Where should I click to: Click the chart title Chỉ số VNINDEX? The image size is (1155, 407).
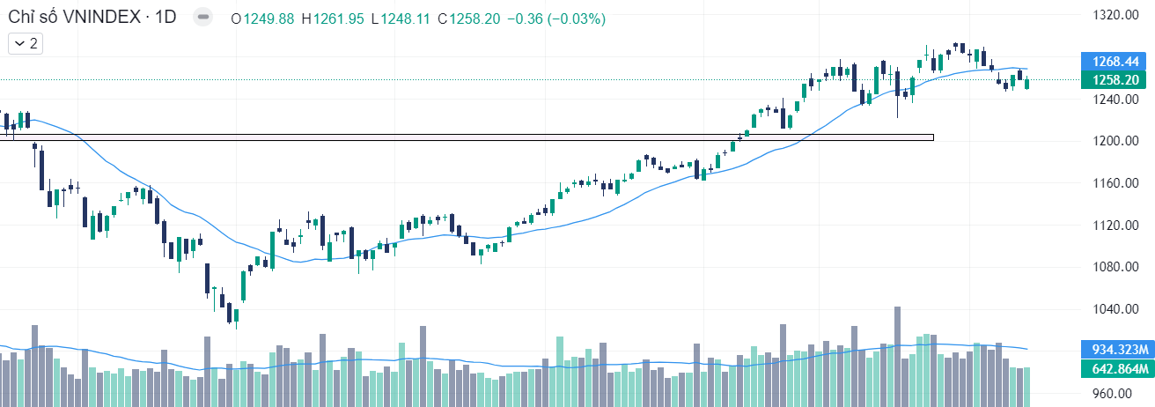click(x=74, y=18)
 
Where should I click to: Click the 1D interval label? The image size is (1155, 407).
click(x=165, y=18)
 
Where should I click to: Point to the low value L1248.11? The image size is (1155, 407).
click(x=401, y=18)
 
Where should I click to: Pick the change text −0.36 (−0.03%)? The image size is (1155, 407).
click(x=555, y=18)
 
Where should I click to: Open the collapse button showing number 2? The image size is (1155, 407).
click(x=26, y=42)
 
